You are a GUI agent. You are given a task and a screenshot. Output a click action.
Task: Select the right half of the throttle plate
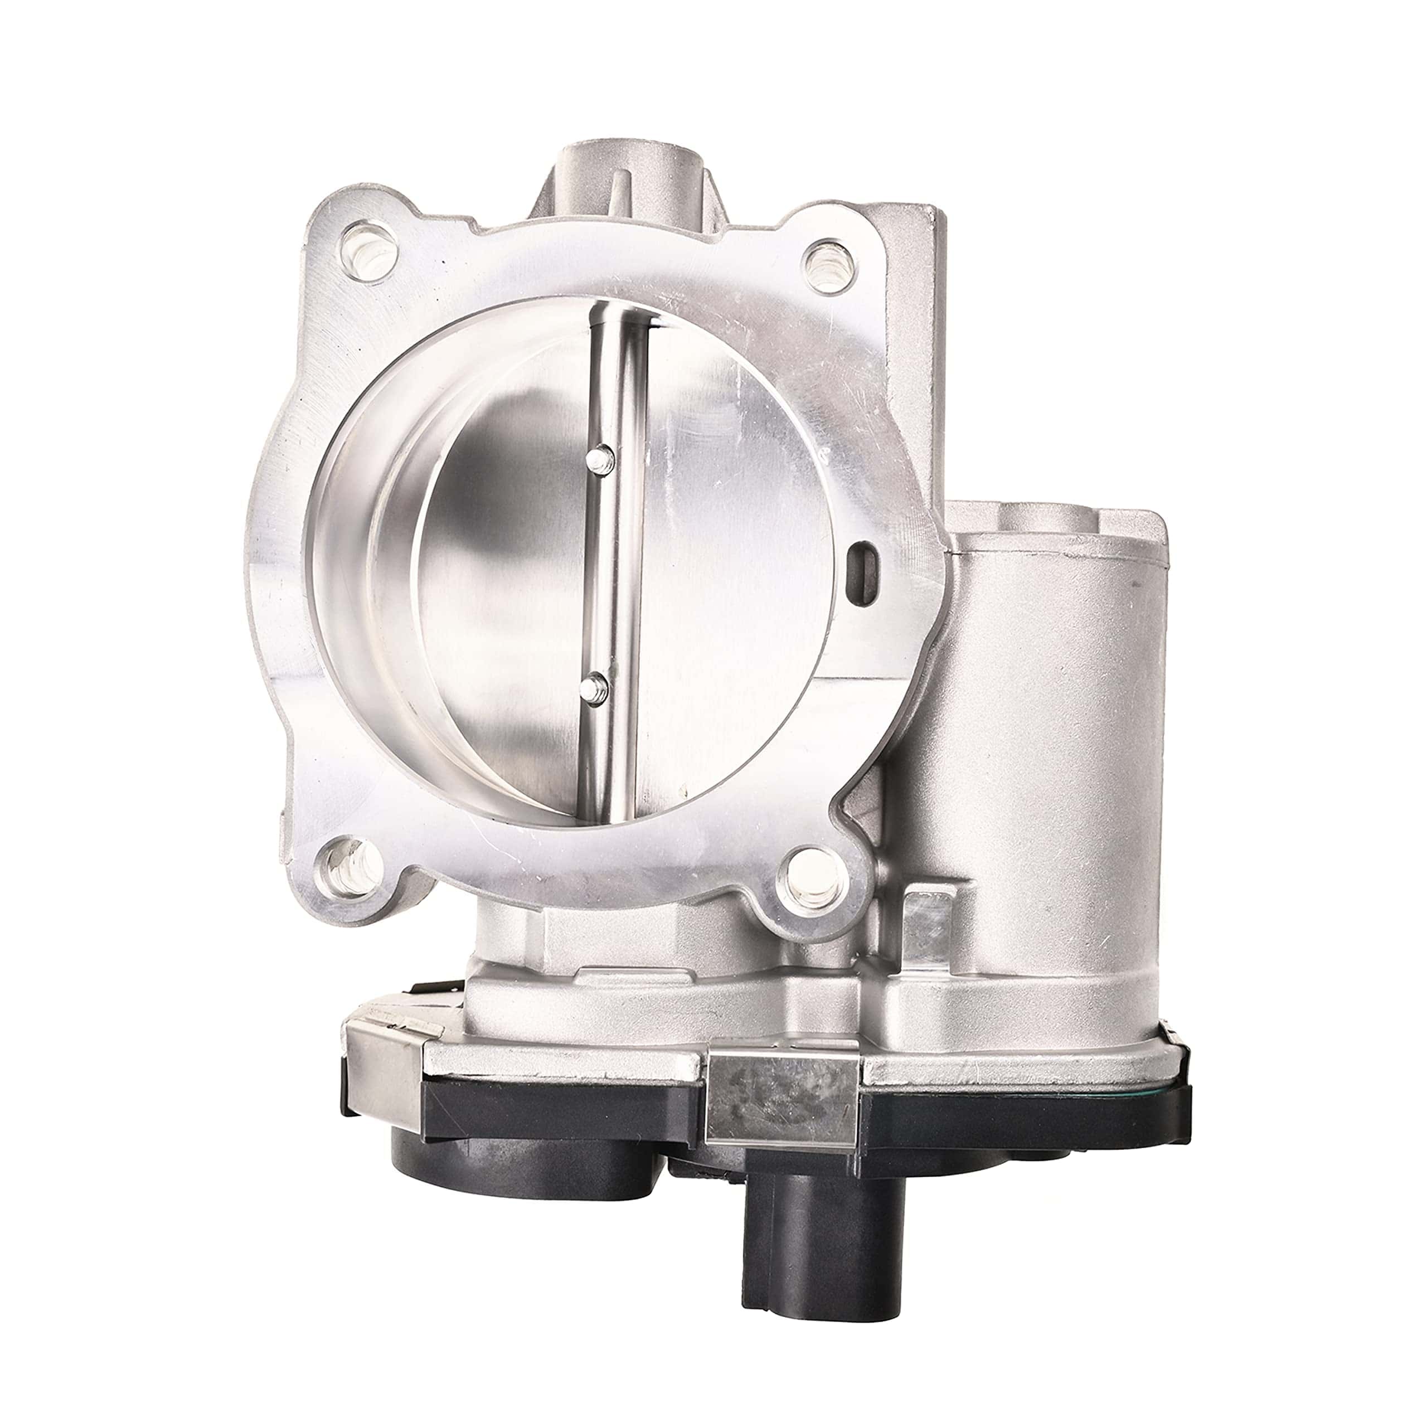pos(739,591)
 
